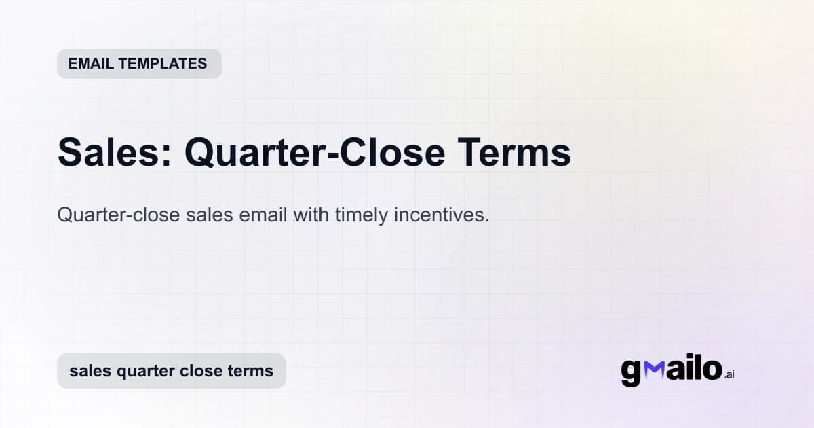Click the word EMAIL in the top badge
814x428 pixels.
(x=90, y=64)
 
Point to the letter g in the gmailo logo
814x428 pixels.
(x=631, y=372)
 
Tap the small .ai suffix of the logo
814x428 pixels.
(x=729, y=374)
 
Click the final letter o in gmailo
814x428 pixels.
(x=711, y=370)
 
